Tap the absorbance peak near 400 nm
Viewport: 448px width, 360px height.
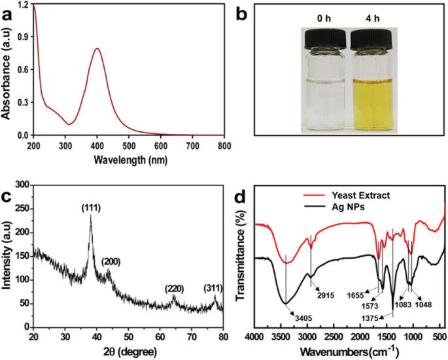pyautogui.click(x=97, y=48)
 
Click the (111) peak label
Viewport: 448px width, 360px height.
pyautogui.click(x=90, y=208)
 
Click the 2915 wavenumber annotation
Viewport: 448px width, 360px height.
pyautogui.click(x=326, y=295)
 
